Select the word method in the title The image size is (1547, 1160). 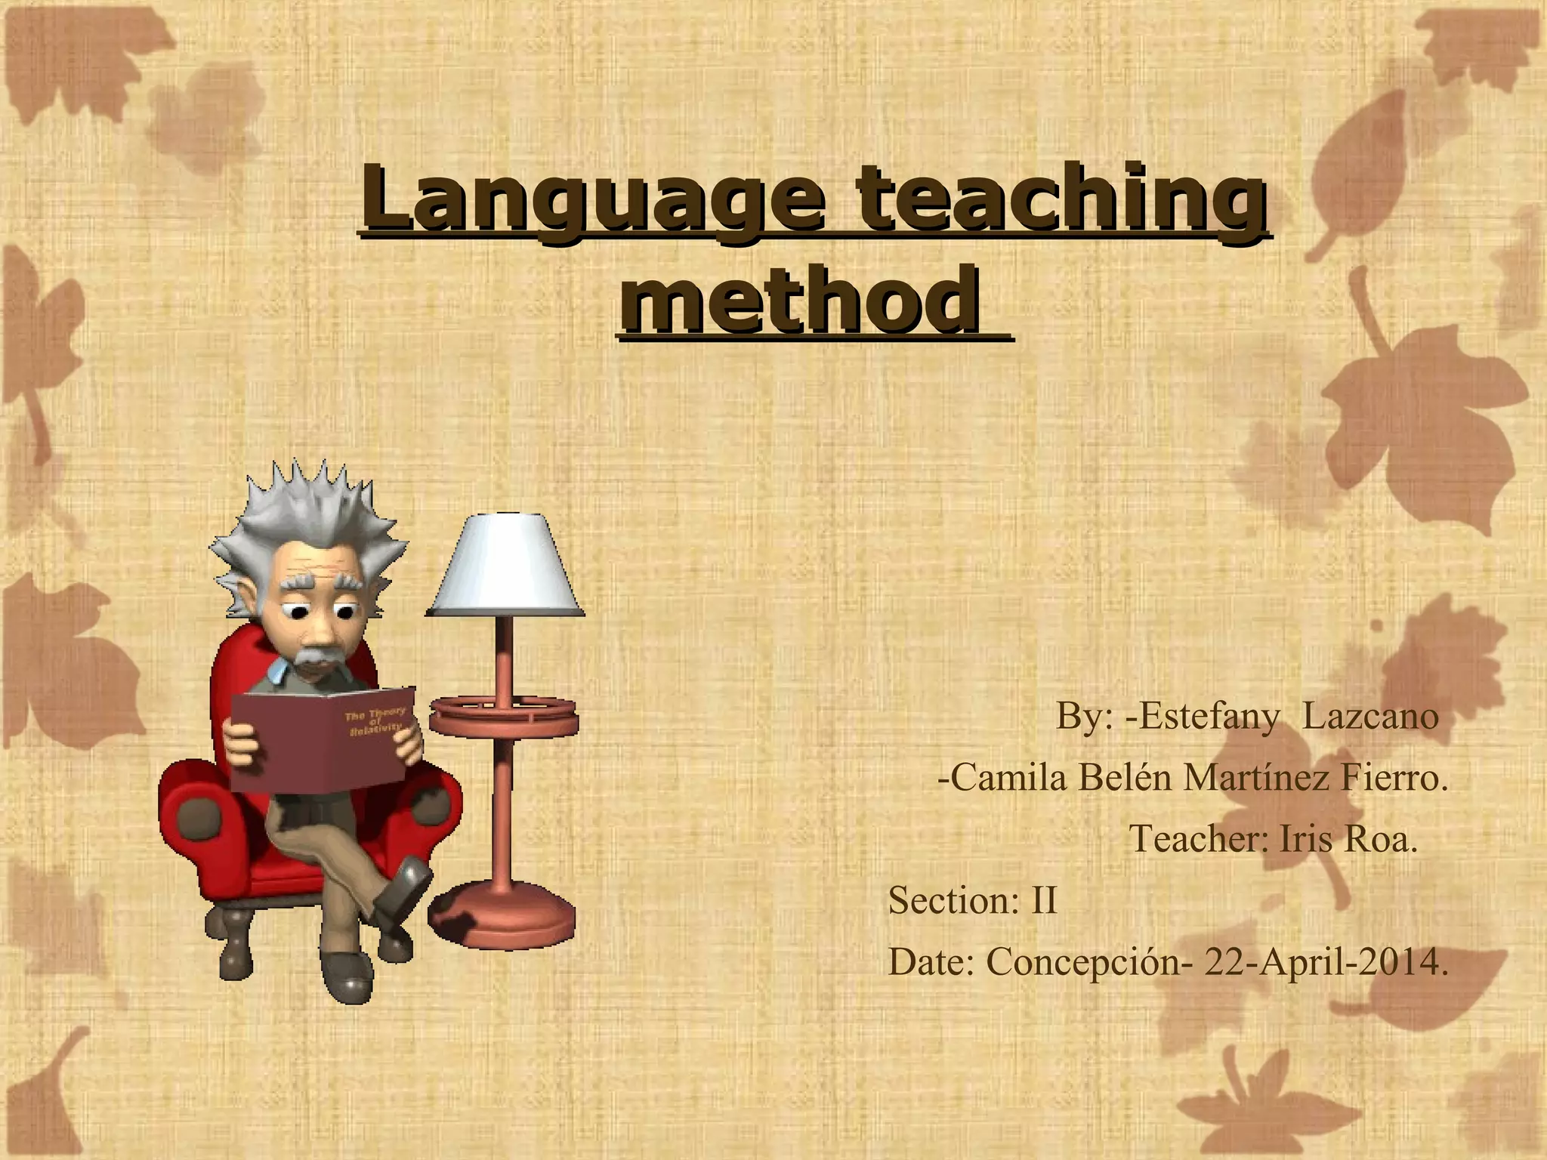pos(801,302)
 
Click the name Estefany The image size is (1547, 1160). pos(1209,716)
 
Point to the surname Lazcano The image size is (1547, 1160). pos(1370,716)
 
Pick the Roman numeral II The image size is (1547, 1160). pos(1044,900)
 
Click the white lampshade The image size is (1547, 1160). pos(505,566)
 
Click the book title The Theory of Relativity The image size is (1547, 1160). pos(375,722)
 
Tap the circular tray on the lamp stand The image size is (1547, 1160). pos(503,714)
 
